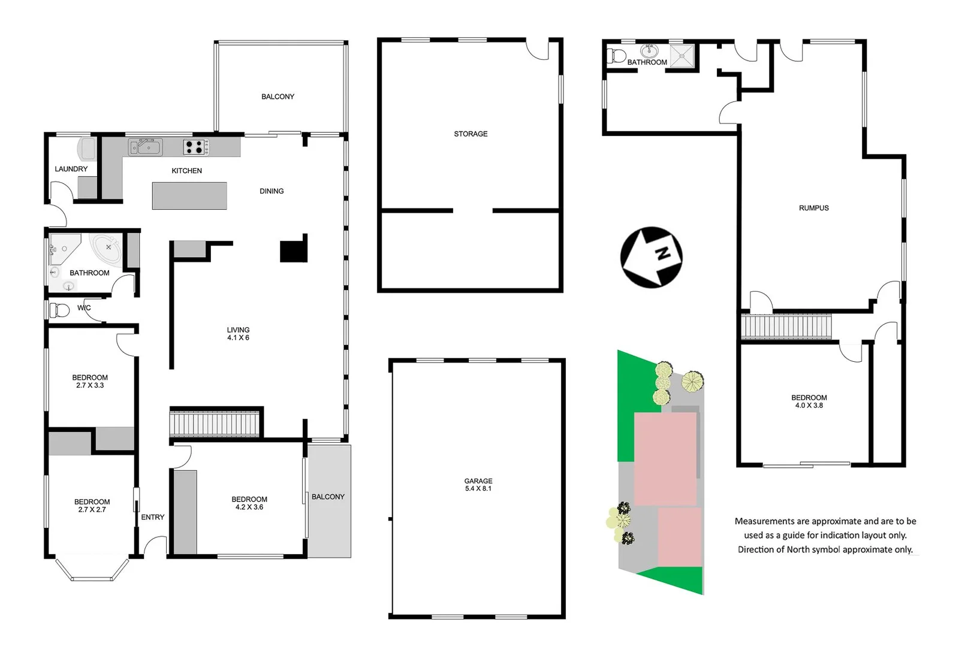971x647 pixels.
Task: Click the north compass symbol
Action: [651, 257]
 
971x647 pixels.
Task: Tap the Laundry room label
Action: [71, 169]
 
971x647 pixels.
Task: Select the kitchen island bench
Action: [189, 196]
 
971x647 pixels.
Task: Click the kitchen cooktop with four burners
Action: [195, 147]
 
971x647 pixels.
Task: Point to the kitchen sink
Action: [144, 147]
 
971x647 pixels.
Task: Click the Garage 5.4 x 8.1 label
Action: [478, 485]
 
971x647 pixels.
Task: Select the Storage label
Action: [471, 134]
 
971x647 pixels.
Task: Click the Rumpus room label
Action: [813, 208]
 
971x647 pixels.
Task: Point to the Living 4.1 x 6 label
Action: [238, 334]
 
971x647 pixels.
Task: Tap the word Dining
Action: [272, 191]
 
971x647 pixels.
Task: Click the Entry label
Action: [152, 517]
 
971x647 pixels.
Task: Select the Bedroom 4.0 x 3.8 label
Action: [809, 401]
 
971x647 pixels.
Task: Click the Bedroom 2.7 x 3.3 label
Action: [90, 382]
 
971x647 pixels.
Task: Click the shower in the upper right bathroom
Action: [681, 56]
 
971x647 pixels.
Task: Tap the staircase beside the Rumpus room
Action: [786, 327]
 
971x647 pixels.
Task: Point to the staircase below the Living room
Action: [215, 423]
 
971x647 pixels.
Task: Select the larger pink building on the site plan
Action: [665, 458]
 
